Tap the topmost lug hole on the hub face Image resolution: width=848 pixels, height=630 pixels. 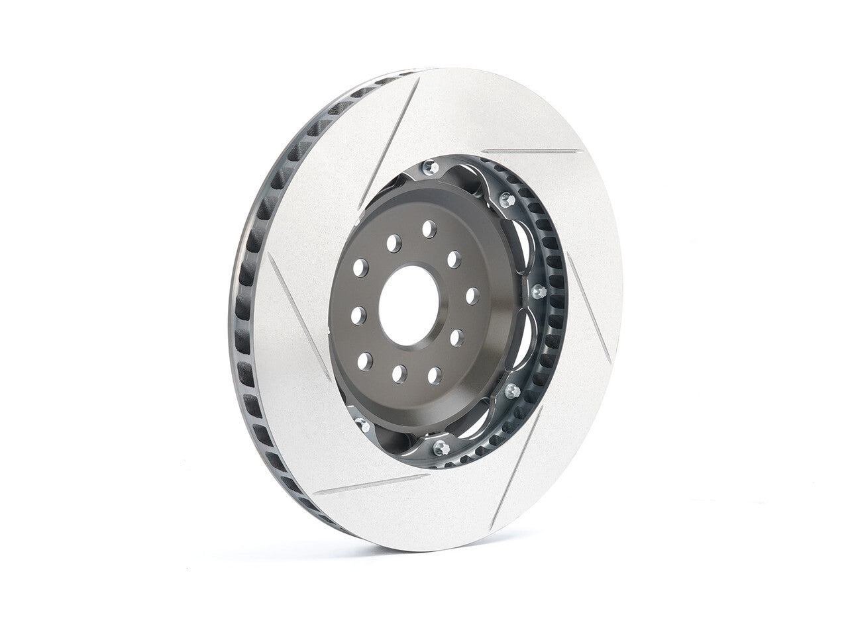click(x=429, y=229)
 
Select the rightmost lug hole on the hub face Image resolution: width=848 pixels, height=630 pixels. click(x=472, y=295)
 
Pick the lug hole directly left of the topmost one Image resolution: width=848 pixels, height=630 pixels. click(x=394, y=243)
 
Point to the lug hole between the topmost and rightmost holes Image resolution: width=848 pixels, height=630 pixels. click(x=454, y=259)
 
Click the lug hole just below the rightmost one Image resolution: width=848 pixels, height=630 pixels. click(x=456, y=337)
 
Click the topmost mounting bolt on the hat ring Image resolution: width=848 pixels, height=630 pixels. click(x=429, y=166)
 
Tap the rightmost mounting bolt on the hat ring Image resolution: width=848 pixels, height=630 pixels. click(x=539, y=291)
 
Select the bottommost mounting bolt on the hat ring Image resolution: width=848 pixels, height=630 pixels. click(x=439, y=447)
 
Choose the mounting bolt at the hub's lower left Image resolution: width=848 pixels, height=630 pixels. click(x=362, y=424)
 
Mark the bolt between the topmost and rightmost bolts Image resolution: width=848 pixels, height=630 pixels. click(x=507, y=199)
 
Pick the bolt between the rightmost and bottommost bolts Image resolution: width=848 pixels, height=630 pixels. click(x=511, y=390)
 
